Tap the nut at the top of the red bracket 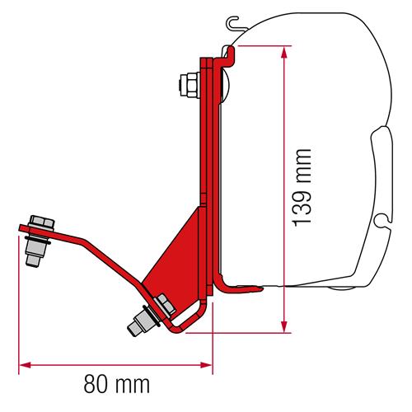(188, 82)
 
